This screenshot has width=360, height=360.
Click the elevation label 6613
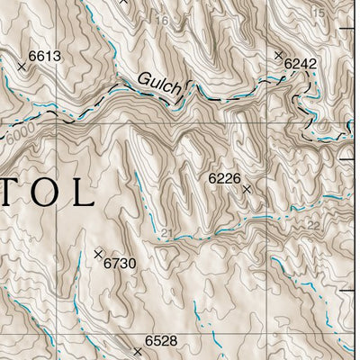click(44, 57)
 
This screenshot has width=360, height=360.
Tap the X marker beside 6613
click(22, 66)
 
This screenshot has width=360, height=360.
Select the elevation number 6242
click(300, 63)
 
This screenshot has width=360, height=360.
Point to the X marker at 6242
click(278, 55)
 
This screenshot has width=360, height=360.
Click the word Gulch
click(159, 83)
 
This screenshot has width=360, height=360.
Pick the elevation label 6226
click(224, 179)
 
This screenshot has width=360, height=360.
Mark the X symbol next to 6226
click(246, 189)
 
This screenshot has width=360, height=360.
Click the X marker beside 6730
click(98, 254)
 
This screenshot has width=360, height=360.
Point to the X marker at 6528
click(138, 350)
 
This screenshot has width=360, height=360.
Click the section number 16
click(162, 21)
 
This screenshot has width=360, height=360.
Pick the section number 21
click(166, 233)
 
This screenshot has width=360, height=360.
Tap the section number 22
click(312, 224)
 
